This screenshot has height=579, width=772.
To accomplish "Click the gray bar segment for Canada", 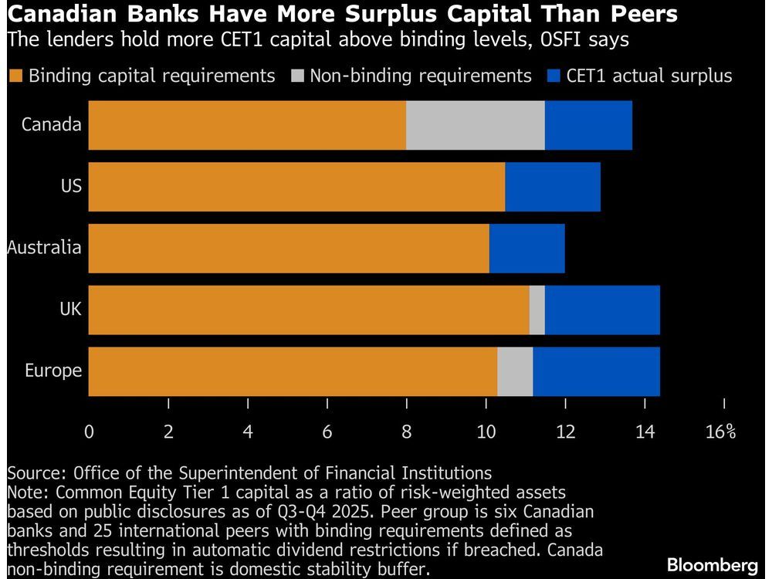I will click(x=475, y=125).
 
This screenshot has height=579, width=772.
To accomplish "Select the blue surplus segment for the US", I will click(x=552, y=187).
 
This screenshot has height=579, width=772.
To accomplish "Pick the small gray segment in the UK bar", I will click(x=537, y=310).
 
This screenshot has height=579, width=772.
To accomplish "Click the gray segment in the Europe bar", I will click(x=515, y=372).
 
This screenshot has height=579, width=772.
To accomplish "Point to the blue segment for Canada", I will click(x=588, y=125).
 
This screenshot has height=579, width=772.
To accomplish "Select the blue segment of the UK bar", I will click(x=602, y=310).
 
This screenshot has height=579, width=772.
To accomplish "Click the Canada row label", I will click(x=51, y=124).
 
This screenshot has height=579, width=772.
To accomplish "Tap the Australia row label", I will click(x=44, y=248).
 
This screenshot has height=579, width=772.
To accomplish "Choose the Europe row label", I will click(x=52, y=371).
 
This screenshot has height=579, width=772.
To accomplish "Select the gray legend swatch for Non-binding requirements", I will click(x=297, y=76).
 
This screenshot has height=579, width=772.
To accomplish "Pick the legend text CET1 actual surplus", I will click(x=648, y=76).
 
